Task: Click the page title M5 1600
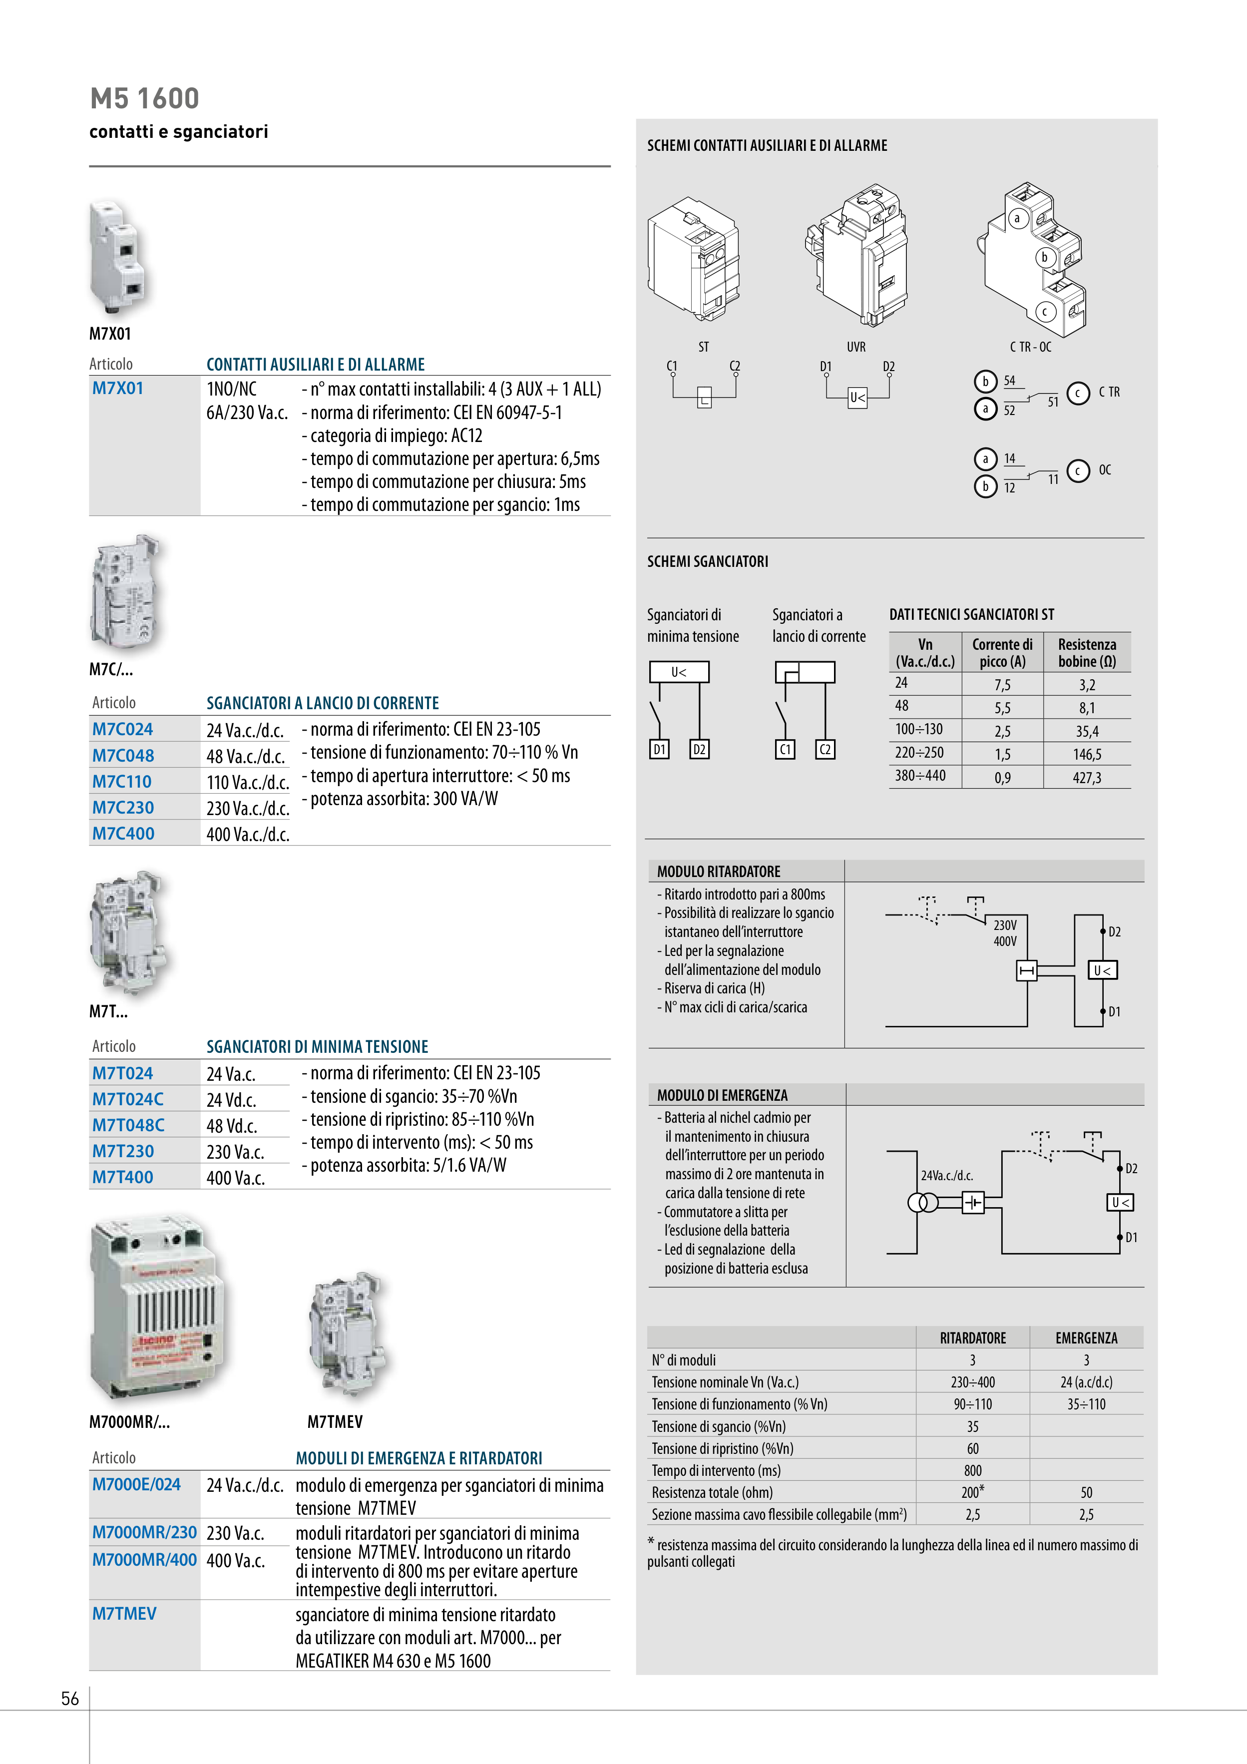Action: click(144, 98)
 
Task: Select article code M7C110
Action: click(122, 781)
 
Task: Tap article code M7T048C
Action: click(128, 1125)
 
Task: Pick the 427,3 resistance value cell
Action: click(1086, 778)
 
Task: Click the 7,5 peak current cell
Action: click(1002, 685)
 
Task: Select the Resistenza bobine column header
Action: click(1086, 652)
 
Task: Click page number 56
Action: click(70, 1698)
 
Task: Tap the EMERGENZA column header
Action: click(1086, 1337)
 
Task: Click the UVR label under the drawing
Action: click(856, 347)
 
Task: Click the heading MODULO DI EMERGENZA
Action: click(722, 1095)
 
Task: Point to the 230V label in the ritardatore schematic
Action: click(1005, 925)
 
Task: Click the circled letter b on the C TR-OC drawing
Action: click(1044, 257)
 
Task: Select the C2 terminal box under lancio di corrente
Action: click(825, 749)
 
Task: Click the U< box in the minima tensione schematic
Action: click(679, 672)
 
